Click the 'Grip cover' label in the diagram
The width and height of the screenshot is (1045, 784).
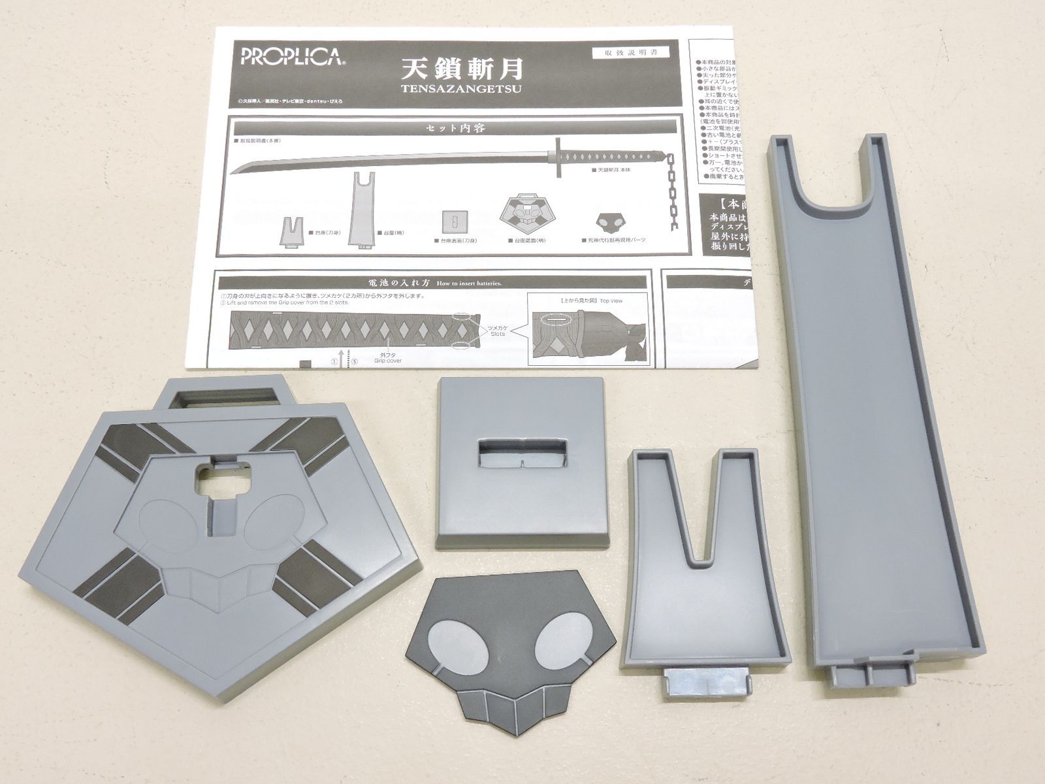pos(388,360)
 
